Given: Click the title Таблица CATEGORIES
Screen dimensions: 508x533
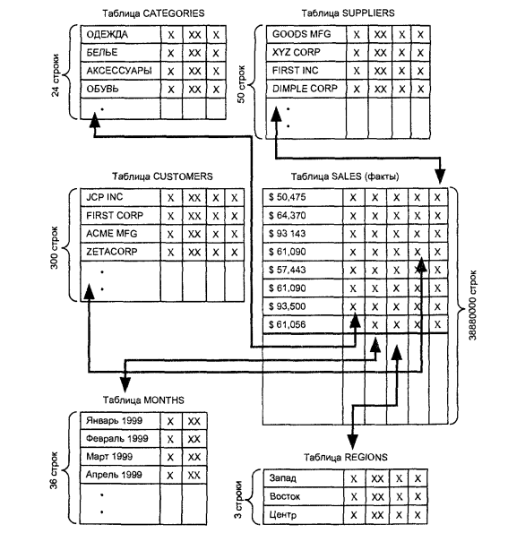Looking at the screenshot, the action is (153, 13).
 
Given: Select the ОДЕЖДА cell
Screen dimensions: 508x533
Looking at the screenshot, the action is (121, 34).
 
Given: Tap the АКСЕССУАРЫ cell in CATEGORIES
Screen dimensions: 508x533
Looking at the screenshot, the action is (121, 71).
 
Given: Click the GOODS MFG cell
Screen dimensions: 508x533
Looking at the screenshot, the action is (306, 34).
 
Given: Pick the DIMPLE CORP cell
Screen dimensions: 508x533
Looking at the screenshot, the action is (306, 89).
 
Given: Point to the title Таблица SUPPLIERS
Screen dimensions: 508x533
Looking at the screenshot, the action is (348, 13).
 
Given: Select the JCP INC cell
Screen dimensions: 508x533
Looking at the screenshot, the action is (120, 197).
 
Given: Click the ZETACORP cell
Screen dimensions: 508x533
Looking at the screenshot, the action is (120, 252).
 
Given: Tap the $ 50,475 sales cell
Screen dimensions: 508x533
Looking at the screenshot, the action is (303, 197).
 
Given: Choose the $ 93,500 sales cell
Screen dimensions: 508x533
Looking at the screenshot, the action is (303, 306).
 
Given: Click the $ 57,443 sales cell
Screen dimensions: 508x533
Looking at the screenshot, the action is (303, 270).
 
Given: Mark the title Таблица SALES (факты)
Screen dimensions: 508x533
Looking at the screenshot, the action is (345, 176).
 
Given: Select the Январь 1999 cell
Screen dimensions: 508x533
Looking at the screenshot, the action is (120, 421).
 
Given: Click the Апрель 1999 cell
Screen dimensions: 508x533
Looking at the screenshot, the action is (120, 475).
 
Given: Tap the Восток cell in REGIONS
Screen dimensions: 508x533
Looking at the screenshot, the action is (304, 496).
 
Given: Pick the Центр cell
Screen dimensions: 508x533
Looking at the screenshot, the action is (304, 515).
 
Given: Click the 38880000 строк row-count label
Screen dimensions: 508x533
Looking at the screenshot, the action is (473, 305).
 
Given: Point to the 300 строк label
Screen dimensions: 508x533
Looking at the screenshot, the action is (55, 248).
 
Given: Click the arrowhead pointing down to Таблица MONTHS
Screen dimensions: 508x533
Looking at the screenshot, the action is (125, 384).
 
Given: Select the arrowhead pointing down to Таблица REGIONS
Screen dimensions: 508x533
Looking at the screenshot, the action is (353, 442).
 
